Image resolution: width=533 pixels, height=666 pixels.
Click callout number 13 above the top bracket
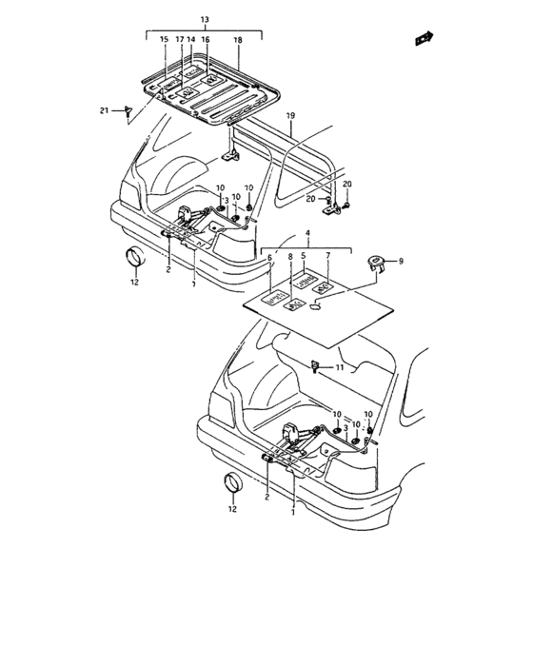(x=203, y=20)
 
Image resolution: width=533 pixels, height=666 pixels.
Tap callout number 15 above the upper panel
(x=164, y=40)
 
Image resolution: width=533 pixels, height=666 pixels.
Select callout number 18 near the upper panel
(x=237, y=40)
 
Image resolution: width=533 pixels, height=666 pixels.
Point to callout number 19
(x=290, y=116)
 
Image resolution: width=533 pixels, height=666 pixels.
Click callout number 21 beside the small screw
(x=105, y=111)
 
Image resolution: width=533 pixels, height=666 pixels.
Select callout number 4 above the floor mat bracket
(x=307, y=233)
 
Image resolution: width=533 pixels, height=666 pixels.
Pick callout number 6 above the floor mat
(x=269, y=258)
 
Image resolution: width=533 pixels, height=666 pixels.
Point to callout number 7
(x=327, y=258)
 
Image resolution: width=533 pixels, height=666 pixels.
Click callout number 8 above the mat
(x=290, y=258)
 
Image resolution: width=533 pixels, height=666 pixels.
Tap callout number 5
(x=305, y=258)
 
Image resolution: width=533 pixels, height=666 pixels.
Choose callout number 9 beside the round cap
(x=401, y=262)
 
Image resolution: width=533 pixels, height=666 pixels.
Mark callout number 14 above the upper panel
(x=191, y=40)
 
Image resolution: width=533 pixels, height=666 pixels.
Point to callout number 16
(x=206, y=40)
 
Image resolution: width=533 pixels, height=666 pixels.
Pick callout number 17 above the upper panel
(x=179, y=40)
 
